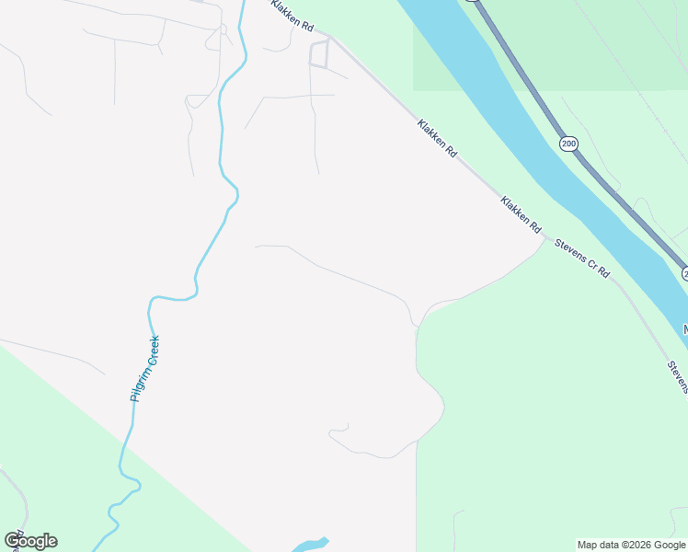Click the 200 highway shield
point(568,144)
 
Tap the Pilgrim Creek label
point(145,368)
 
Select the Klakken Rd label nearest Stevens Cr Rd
point(519,213)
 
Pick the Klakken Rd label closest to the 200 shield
point(436,138)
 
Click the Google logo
point(30,541)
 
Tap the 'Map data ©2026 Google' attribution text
point(632,545)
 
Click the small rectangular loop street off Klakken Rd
point(319,54)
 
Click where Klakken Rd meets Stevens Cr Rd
point(543,237)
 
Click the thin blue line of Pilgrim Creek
point(221,138)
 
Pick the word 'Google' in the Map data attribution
point(670,545)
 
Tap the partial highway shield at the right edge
point(684,273)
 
